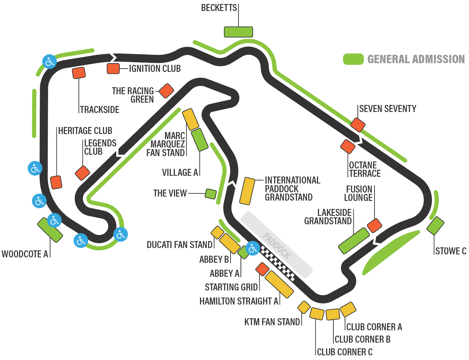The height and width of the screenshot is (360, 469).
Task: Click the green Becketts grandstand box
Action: pos(238,32)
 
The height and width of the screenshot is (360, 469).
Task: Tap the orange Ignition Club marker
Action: pos(113,69)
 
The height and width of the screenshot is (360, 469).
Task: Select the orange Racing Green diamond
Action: pos(166,91)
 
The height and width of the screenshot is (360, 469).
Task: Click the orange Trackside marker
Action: pos(79,73)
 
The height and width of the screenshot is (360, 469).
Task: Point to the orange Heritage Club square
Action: pos(56,182)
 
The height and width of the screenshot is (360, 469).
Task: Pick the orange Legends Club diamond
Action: pos(83,173)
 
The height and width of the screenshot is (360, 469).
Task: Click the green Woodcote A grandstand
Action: pos(50,230)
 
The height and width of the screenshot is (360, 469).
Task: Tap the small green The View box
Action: pos(211,194)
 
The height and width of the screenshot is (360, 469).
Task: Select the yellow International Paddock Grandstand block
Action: pos(247,191)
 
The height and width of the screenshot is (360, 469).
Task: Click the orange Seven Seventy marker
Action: pos(358,125)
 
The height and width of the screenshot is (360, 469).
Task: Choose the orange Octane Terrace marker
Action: pos(348,146)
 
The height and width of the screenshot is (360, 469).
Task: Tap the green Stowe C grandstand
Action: pos(435,226)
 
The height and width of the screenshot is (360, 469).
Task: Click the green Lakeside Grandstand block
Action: pos(354,241)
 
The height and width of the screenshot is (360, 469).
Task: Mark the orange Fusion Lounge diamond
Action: pos(374,226)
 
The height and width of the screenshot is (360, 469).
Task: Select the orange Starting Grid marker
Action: pos(262,269)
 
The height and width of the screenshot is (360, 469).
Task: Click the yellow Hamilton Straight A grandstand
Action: pos(279,284)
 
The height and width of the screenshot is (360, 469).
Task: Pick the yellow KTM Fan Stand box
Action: pos(304,307)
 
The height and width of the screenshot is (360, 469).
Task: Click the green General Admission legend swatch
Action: pos(353,59)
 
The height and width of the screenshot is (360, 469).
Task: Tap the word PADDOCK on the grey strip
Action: pos(277,246)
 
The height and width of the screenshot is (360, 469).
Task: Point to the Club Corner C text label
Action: pos(345,352)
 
